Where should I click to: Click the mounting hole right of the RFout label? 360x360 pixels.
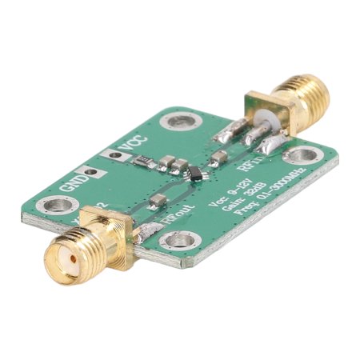[174, 240]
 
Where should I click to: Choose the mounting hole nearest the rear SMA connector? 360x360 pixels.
[302, 155]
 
